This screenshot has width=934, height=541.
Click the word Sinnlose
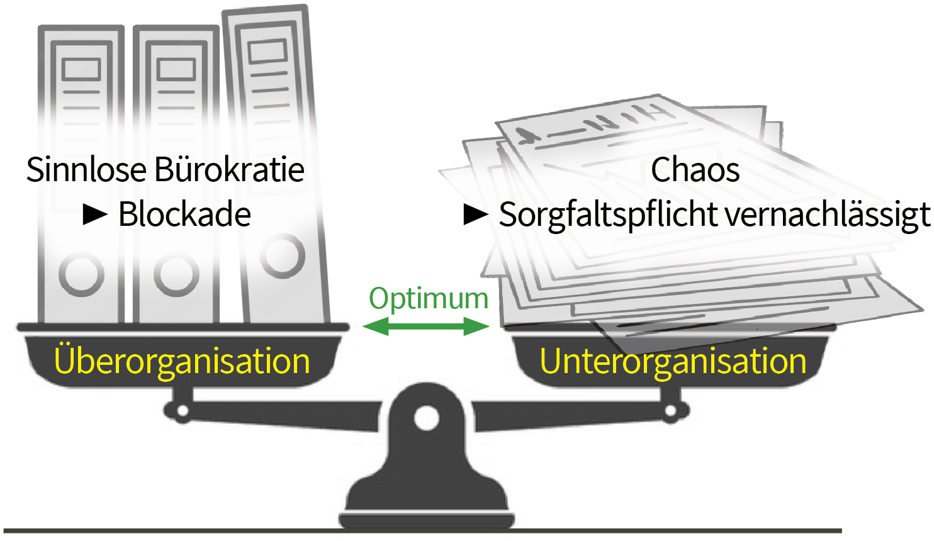click(x=86, y=170)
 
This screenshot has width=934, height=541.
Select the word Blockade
click(x=184, y=214)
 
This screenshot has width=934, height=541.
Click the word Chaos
click(x=695, y=170)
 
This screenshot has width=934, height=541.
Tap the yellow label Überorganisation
click(x=182, y=361)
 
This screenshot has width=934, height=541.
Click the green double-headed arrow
click(x=426, y=326)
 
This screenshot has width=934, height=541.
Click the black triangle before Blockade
click(x=95, y=215)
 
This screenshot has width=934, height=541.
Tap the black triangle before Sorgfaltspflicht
click(x=476, y=215)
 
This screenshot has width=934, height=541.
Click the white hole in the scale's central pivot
click(x=426, y=418)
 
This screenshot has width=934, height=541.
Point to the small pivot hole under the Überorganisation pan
click(x=183, y=411)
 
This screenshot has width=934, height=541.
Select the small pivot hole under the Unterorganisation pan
click(x=670, y=411)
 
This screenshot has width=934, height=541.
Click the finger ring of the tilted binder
click(x=283, y=256)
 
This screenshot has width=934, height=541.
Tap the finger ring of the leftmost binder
click(x=81, y=275)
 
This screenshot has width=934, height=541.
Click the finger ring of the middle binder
click(x=176, y=275)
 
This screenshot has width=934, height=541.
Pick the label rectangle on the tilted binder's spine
click(x=267, y=52)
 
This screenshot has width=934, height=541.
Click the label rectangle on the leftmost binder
click(x=81, y=70)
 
